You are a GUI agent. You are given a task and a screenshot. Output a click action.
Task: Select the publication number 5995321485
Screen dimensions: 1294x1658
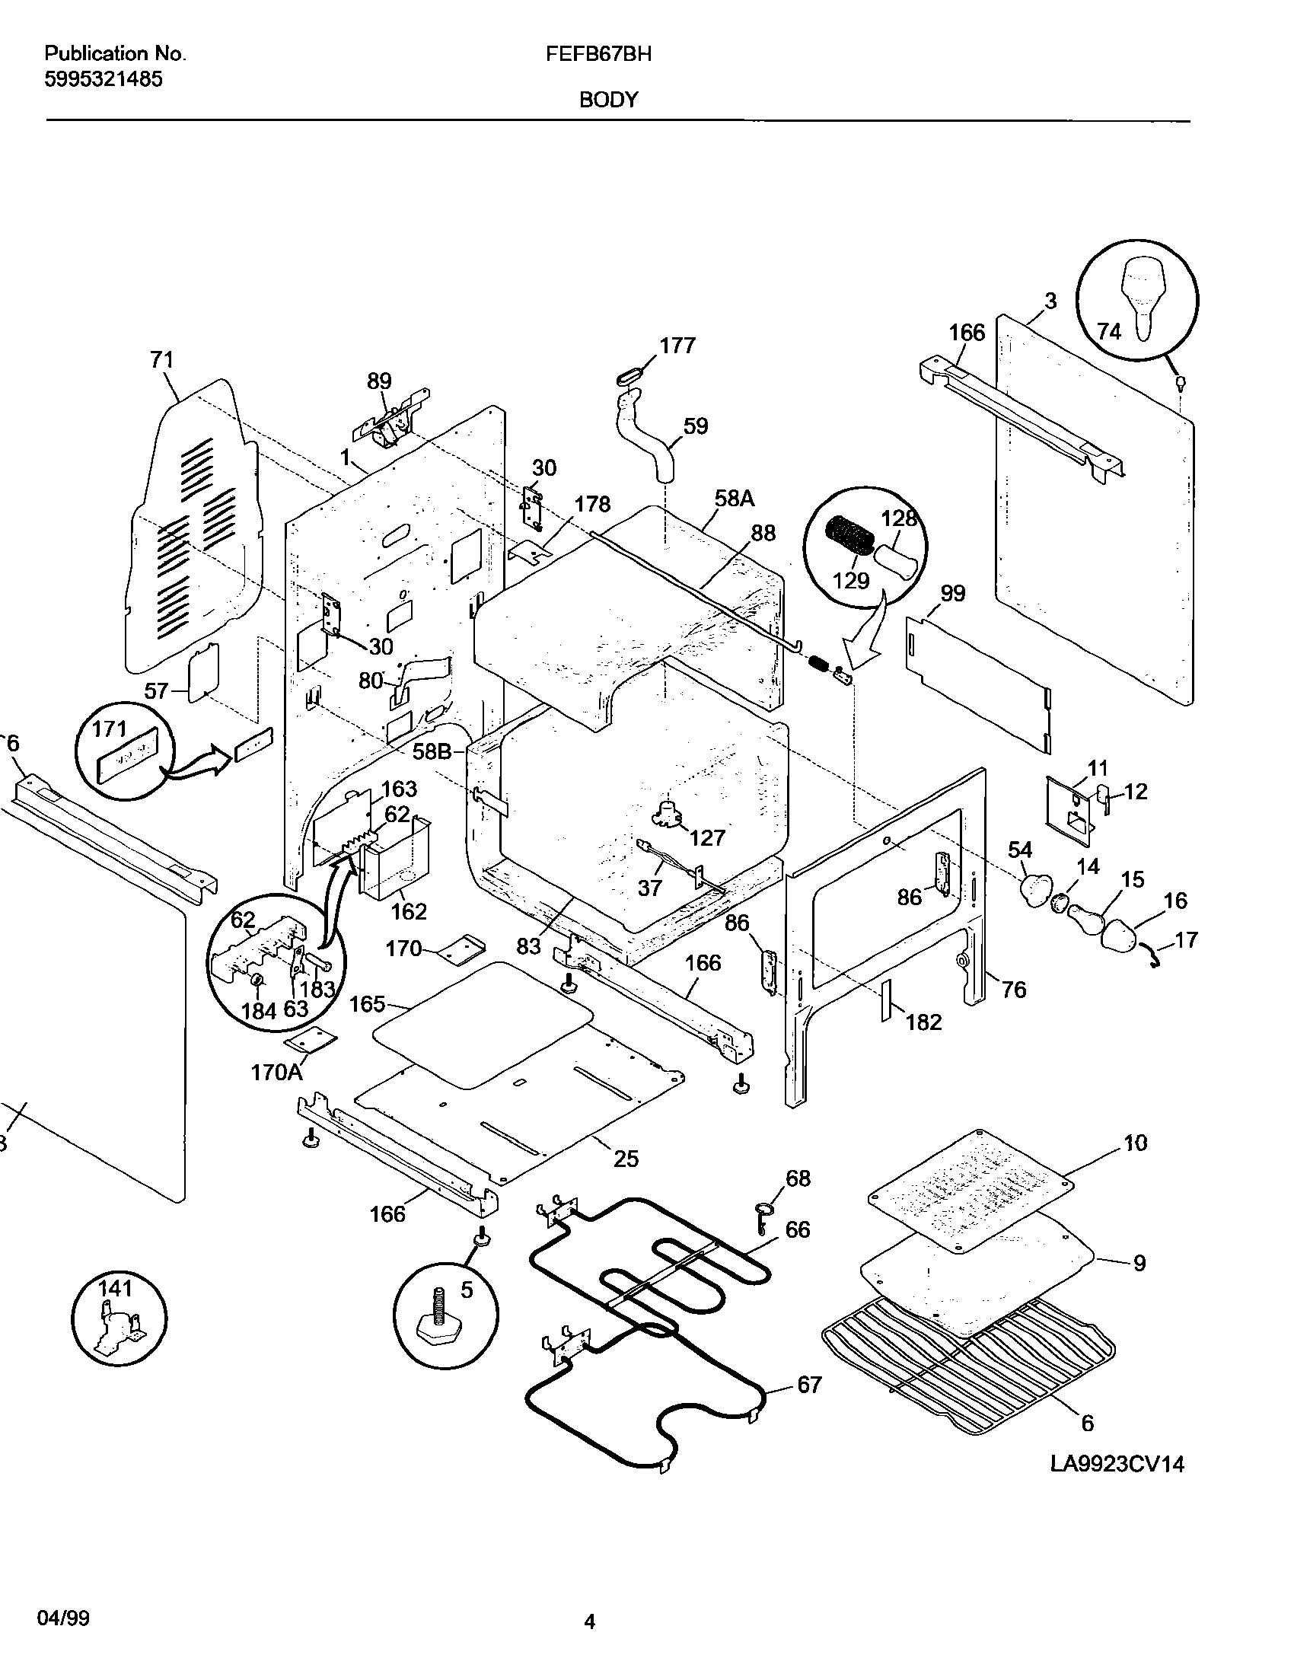coord(104,79)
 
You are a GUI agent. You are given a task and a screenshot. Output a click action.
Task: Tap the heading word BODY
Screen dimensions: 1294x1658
coord(609,100)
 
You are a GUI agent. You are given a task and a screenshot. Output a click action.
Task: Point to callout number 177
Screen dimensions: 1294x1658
coord(677,346)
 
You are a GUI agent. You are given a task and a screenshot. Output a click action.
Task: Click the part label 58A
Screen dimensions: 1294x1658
coord(735,499)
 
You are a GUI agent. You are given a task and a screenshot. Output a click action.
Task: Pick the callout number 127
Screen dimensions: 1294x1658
coord(707,838)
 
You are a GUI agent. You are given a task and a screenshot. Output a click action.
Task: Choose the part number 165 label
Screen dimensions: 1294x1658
coord(367,1004)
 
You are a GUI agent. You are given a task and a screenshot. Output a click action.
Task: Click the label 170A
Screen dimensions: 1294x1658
coord(277,1073)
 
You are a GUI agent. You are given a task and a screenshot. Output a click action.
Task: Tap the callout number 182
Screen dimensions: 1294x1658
coord(924,1022)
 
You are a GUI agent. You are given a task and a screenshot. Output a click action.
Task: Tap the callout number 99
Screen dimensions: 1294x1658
coord(953,594)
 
